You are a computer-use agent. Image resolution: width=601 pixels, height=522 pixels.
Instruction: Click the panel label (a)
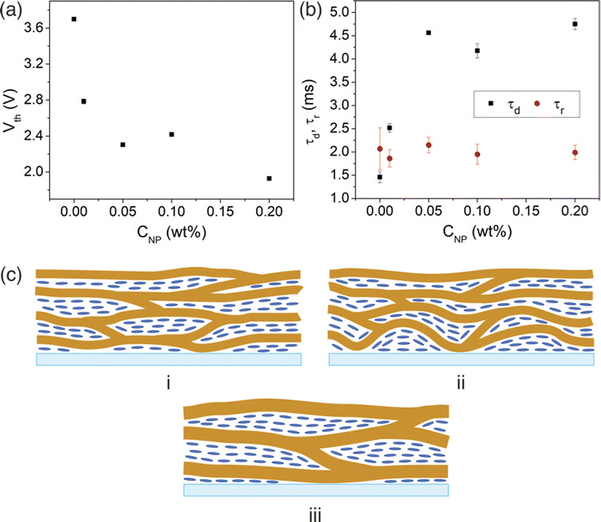[13, 12]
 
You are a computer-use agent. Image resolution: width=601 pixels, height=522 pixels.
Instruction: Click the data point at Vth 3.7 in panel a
[74, 19]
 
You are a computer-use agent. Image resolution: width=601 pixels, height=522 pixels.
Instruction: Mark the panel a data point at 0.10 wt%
[172, 134]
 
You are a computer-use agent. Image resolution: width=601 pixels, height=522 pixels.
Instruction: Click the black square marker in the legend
[491, 103]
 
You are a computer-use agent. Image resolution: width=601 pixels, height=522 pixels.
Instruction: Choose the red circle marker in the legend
[538, 103]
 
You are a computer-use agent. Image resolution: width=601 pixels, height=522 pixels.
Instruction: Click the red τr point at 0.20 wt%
[575, 153]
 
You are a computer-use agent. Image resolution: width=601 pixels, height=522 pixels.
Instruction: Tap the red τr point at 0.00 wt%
[380, 148]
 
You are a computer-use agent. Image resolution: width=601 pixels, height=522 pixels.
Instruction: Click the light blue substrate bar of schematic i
[168, 359]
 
